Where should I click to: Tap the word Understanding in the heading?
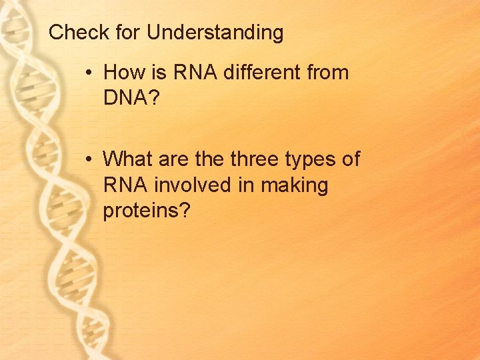[x=215, y=33]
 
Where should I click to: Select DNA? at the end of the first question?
[x=131, y=98]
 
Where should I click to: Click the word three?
[x=257, y=159]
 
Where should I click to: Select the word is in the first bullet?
[x=159, y=72]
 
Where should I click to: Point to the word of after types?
[x=351, y=159]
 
